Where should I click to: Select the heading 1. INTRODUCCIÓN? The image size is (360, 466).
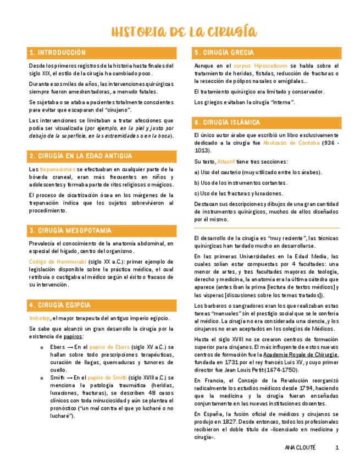point(58,53)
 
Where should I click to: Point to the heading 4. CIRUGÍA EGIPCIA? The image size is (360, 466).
point(60,304)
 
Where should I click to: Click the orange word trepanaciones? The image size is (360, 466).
point(58,169)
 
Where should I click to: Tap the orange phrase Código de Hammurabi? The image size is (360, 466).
point(58,262)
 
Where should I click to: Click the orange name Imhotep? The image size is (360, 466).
point(40,318)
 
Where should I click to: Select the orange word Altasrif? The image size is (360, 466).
point(226,162)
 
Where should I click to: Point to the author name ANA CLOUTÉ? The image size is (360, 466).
point(301,448)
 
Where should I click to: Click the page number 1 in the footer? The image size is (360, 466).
point(337,448)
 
